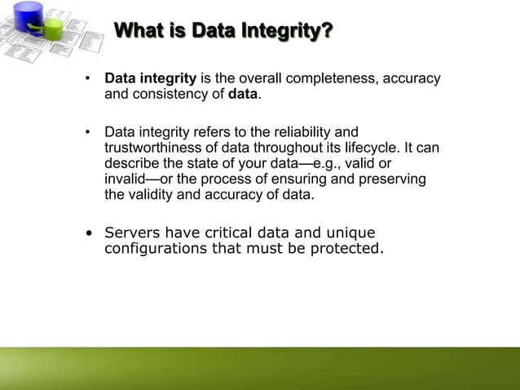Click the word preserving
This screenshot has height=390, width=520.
393,179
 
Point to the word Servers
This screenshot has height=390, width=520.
133,232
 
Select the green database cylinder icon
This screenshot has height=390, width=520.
52,28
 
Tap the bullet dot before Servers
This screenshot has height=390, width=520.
89,233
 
